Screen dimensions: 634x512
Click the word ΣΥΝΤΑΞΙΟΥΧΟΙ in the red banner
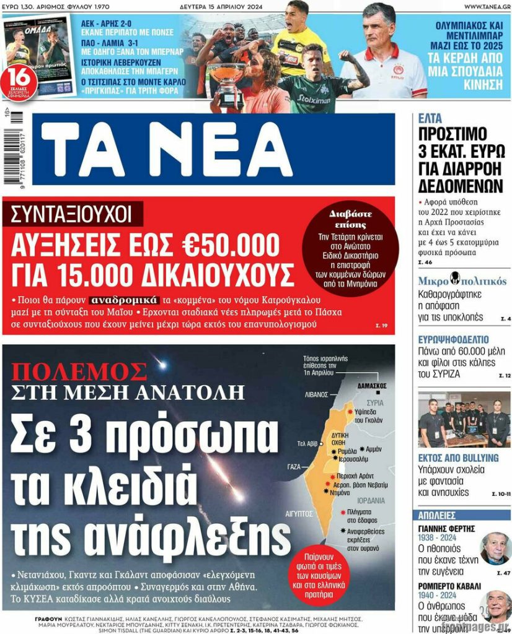point(71,214)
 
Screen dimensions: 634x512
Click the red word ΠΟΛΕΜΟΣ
point(79,371)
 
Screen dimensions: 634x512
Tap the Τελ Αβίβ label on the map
point(308,443)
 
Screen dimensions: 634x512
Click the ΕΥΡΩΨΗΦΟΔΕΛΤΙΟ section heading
point(453,340)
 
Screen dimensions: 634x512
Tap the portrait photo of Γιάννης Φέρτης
point(495,548)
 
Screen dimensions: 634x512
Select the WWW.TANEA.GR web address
point(486,6)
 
